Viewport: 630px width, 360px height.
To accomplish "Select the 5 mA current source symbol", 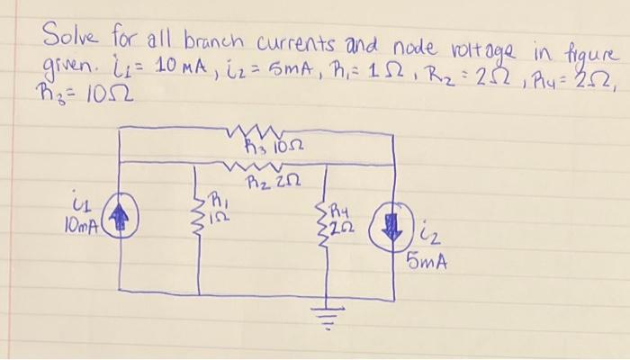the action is click(x=393, y=224).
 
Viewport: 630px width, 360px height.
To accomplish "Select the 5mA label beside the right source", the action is click(x=427, y=264).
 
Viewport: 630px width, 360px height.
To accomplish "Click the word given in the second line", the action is click(x=61, y=64).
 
